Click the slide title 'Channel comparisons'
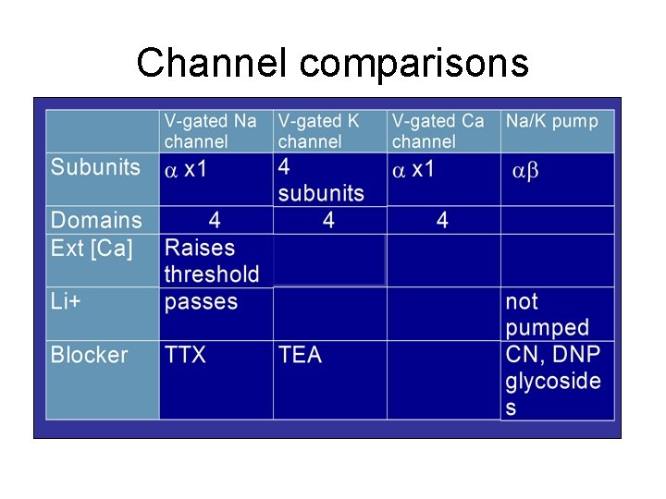(332, 63)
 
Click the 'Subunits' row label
(95, 167)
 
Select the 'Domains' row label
(96, 220)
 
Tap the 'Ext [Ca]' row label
(92, 248)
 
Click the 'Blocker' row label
(89, 355)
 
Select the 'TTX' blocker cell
(185, 355)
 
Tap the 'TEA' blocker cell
(300, 355)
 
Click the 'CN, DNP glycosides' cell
(552, 381)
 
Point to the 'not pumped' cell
(547, 314)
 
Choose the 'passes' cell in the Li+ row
(201, 301)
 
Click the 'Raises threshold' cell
(211, 261)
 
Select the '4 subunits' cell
(320, 180)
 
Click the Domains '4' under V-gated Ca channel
(442, 220)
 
